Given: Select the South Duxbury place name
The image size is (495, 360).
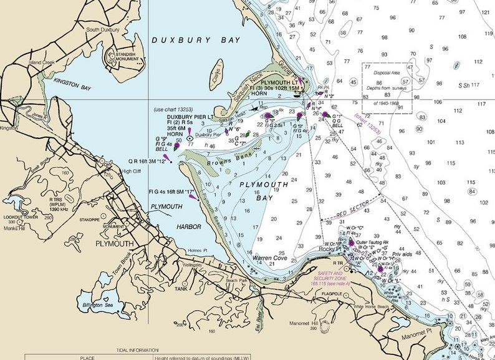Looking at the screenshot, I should (x=102, y=29).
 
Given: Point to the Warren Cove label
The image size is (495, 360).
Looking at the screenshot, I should (x=270, y=257).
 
